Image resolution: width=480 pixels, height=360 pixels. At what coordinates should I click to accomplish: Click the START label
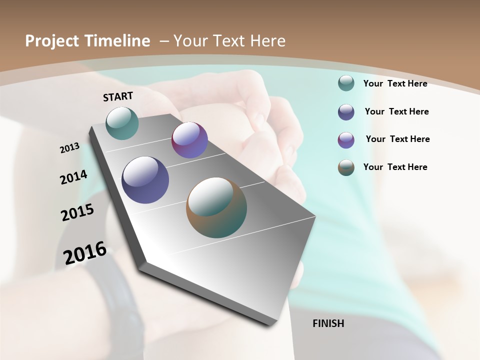pyautogui.click(x=118, y=96)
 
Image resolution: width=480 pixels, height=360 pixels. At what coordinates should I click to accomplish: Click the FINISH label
pyautogui.click(x=328, y=323)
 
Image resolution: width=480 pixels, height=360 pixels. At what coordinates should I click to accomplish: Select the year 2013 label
pyautogui.click(x=70, y=148)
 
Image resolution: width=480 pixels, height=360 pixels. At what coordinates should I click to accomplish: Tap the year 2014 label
pyautogui.click(x=73, y=177)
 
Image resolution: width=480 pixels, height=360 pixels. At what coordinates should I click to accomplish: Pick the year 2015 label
pyautogui.click(x=77, y=212)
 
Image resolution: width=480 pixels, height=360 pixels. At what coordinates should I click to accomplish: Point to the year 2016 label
pyautogui.click(x=85, y=253)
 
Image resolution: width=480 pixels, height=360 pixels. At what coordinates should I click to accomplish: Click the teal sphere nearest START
pyautogui.click(x=122, y=123)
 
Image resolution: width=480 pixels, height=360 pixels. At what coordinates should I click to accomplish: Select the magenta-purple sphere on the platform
pyautogui.click(x=189, y=140)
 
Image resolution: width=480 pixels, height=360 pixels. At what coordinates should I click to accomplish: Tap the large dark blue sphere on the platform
pyautogui.click(x=145, y=180)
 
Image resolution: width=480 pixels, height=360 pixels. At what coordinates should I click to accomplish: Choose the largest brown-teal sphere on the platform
pyautogui.click(x=216, y=207)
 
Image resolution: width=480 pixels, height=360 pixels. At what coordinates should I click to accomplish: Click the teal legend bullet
pyautogui.click(x=346, y=83)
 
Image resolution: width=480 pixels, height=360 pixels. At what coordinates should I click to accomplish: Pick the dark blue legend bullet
pyautogui.click(x=346, y=112)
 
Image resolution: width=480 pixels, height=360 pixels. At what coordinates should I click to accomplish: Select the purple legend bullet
pyautogui.click(x=346, y=140)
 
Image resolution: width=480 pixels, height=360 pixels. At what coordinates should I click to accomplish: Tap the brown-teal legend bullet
pyautogui.click(x=346, y=167)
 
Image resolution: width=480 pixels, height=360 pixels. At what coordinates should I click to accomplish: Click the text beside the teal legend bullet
pyautogui.click(x=395, y=83)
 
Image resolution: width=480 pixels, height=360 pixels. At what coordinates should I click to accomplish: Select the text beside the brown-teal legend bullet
pyautogui.click(x=395, y=167)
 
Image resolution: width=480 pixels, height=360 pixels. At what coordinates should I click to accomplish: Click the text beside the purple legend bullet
pyautogui.click(x=397, y=139)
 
